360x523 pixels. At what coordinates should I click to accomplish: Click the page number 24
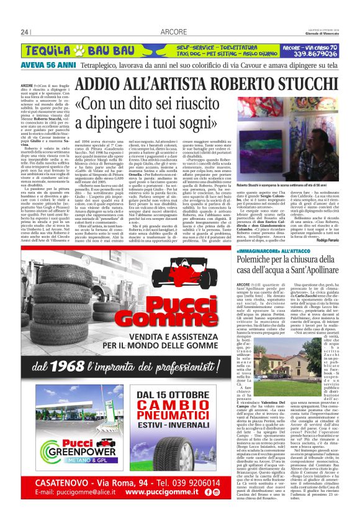click(x=25, y=32)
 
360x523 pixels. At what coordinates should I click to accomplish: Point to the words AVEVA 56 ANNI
click(x=43, y=64)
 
